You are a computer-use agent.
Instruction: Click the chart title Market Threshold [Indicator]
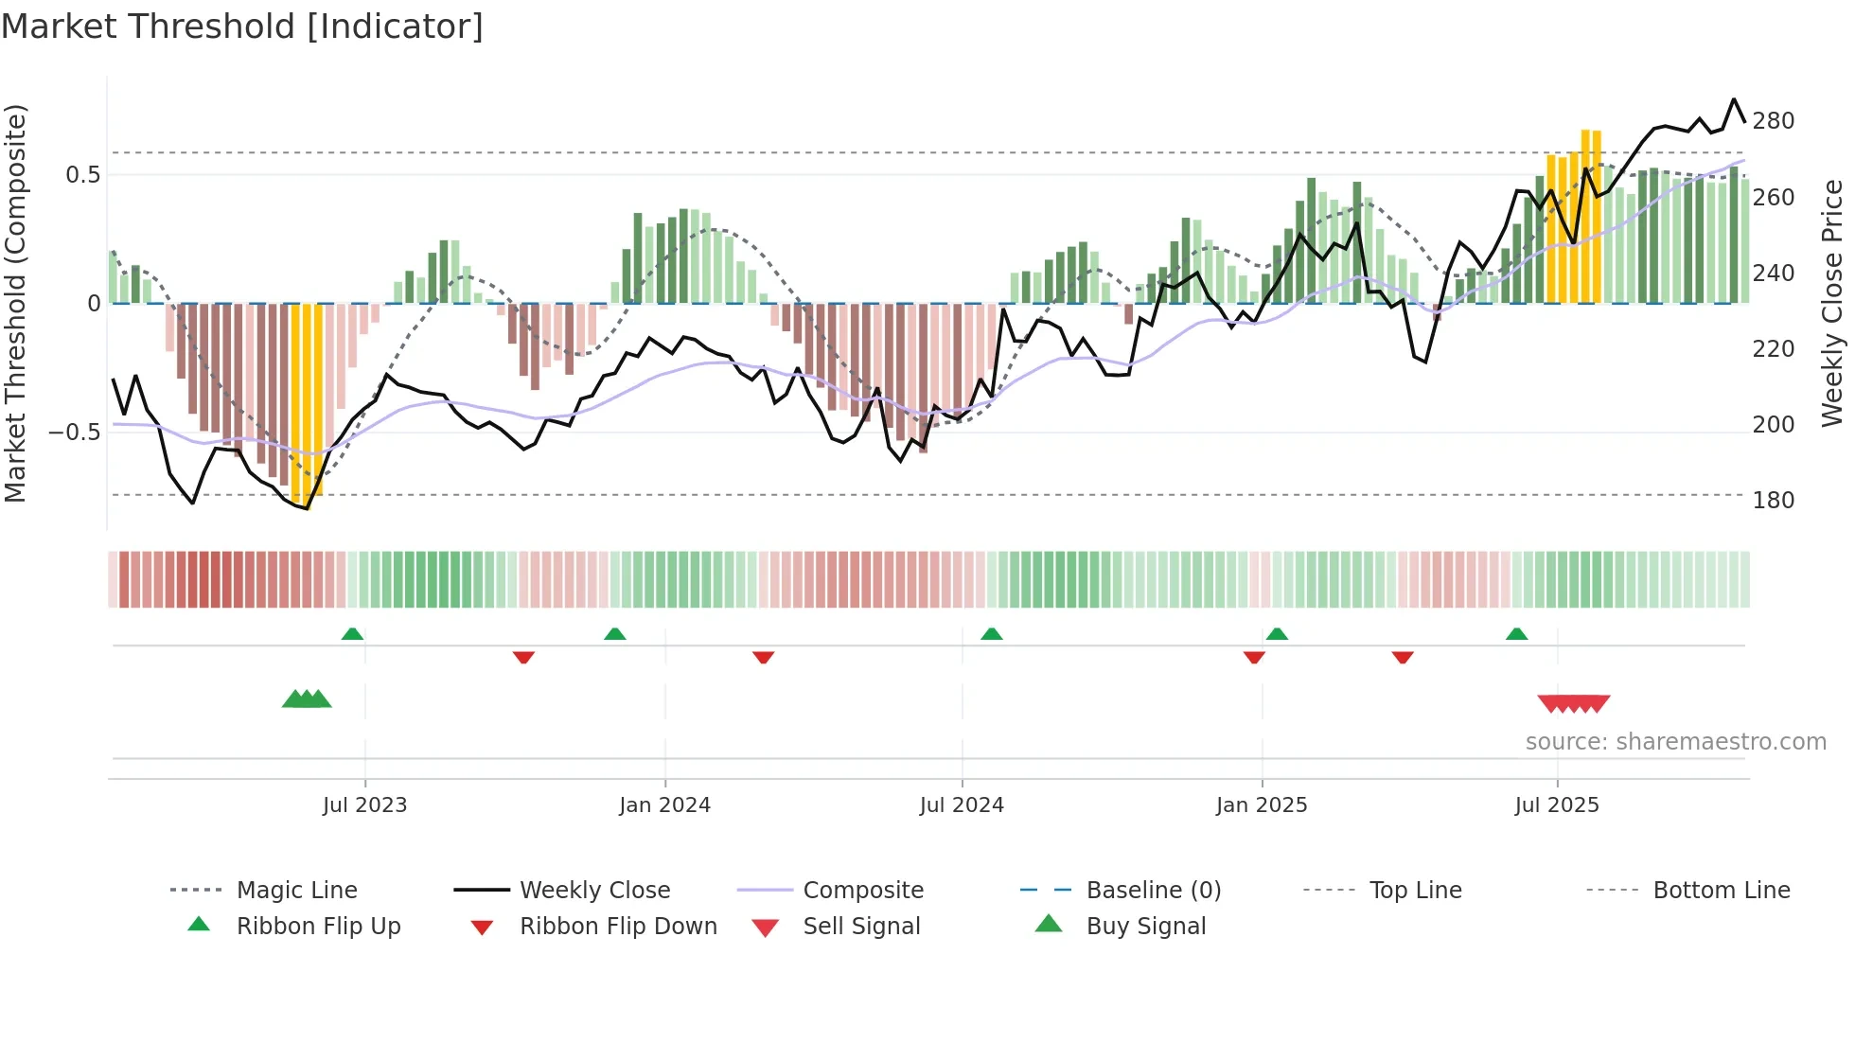pos(242,27)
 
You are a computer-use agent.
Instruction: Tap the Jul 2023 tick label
pos(364,805)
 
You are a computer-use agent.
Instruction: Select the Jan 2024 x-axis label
pos(664,805)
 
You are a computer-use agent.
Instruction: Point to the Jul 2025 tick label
pos(1556,805)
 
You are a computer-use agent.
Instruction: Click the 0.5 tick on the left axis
pos(83,175)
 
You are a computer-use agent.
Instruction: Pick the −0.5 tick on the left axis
pos(75,433)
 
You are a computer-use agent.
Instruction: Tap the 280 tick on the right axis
pos(1773,121)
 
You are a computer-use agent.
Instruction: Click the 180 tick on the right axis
pos(1773,501)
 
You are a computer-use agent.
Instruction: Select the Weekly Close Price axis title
pos(1832,303)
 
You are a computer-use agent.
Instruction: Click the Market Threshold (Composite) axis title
pos(15,303)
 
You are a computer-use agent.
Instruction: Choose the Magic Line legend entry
pos(296,891)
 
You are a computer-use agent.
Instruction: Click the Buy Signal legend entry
pos(1145,927)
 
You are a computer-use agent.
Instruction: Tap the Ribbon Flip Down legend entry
pos(618,927)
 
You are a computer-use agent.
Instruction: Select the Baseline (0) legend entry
pos(1153,891)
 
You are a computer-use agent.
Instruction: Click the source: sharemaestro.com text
pos(1675,742)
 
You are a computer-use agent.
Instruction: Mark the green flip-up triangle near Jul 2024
pos(991,634)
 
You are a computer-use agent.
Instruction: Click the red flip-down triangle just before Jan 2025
pos(1254,657)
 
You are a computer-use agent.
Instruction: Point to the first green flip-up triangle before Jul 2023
pos(352,634)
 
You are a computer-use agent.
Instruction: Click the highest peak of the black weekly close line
pos(1734,99)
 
